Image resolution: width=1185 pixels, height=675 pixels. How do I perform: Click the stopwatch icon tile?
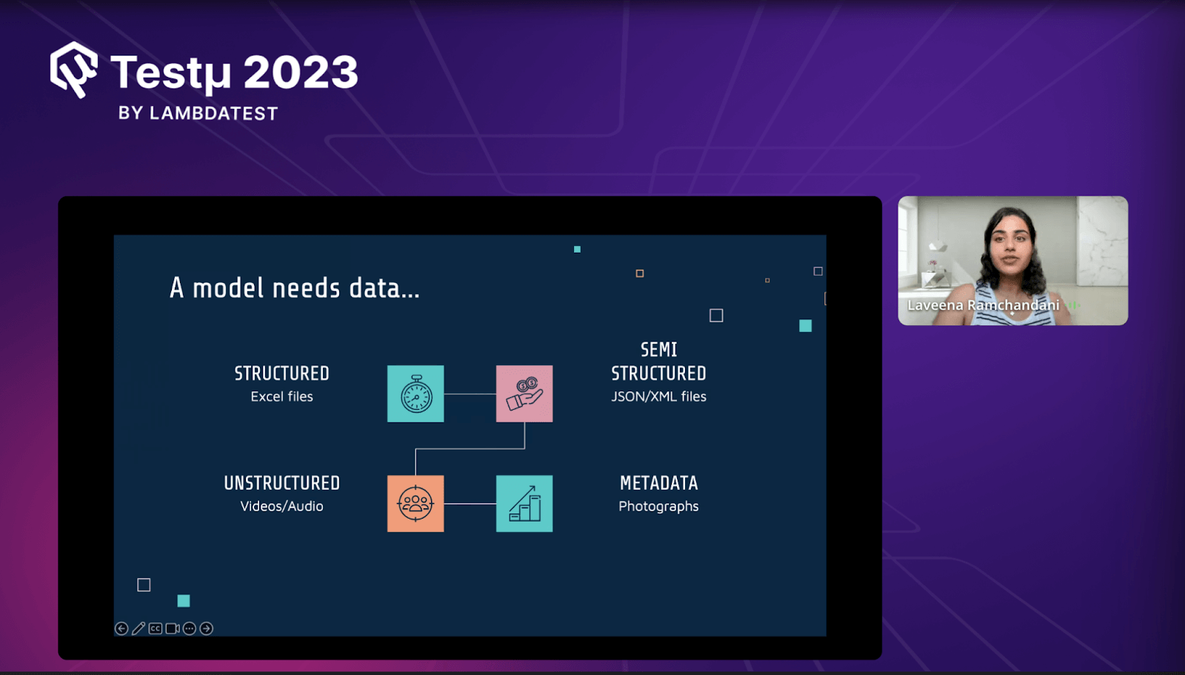click(x=415, y=393)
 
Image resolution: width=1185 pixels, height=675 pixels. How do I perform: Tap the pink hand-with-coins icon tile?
click(x=524, y=393)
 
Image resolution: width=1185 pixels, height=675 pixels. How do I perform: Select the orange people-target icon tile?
click(x=415, y=503)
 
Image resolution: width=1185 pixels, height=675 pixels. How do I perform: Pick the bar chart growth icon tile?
click(x=524, y=503)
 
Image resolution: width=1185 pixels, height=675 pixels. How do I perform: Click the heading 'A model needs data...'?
click(x=294, y=288)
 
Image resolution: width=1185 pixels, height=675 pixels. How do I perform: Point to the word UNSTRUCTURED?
click(x=282, y=483)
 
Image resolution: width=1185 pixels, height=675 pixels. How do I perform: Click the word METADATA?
click(x=658, y=483)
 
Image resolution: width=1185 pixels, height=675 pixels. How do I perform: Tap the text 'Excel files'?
click(x=282, y=396)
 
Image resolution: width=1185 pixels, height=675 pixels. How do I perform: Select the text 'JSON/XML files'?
click(x=658, y=396)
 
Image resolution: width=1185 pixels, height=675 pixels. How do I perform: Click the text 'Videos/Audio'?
click(x=282, y=506)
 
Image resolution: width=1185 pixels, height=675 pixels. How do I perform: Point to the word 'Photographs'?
click(x=658, y=507)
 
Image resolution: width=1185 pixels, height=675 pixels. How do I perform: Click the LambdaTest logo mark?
click(x=73, y=70)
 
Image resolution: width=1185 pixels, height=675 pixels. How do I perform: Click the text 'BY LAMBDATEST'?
click(x=198, y=113)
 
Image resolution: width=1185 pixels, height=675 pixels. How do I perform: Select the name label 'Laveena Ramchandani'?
click(x=984, y=305)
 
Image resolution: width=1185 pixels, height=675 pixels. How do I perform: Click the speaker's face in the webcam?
click(x=1010, y=246)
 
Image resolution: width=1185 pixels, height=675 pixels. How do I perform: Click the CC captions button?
click(x=155, y=628)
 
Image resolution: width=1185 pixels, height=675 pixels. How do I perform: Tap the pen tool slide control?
click(x=138, y=628)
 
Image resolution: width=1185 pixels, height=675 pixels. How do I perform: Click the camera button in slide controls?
click(x=173, y=628)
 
